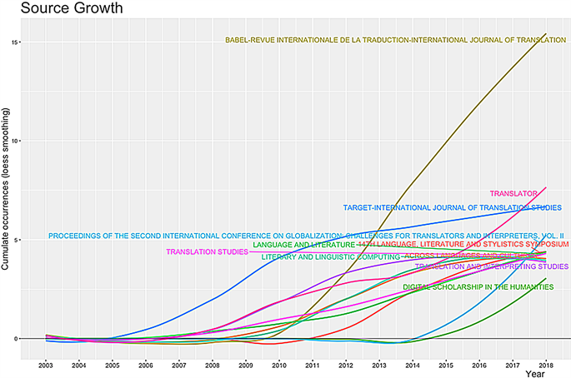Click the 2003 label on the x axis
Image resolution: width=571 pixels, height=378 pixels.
click(46, 365)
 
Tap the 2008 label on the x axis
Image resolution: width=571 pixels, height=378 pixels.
click(212, 365)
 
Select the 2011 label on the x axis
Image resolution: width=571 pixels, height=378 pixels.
click(312, 365)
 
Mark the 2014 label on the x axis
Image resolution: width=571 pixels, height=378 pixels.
click(412, 365)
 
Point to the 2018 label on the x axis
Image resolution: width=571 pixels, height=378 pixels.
click(545, 365)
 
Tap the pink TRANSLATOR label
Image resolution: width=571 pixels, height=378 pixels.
click(513, 194)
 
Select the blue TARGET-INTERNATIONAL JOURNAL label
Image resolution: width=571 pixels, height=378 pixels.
click(452, 207)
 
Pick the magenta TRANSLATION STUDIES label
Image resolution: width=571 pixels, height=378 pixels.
click(207, 252)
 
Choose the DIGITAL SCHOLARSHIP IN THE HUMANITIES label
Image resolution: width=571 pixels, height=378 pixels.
click(478, 287)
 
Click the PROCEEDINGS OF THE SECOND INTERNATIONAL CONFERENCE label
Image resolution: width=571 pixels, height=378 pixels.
click(306, 236)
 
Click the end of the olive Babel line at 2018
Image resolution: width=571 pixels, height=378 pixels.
click(545, 34)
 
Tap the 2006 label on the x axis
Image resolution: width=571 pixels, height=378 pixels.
click(145, 365)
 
